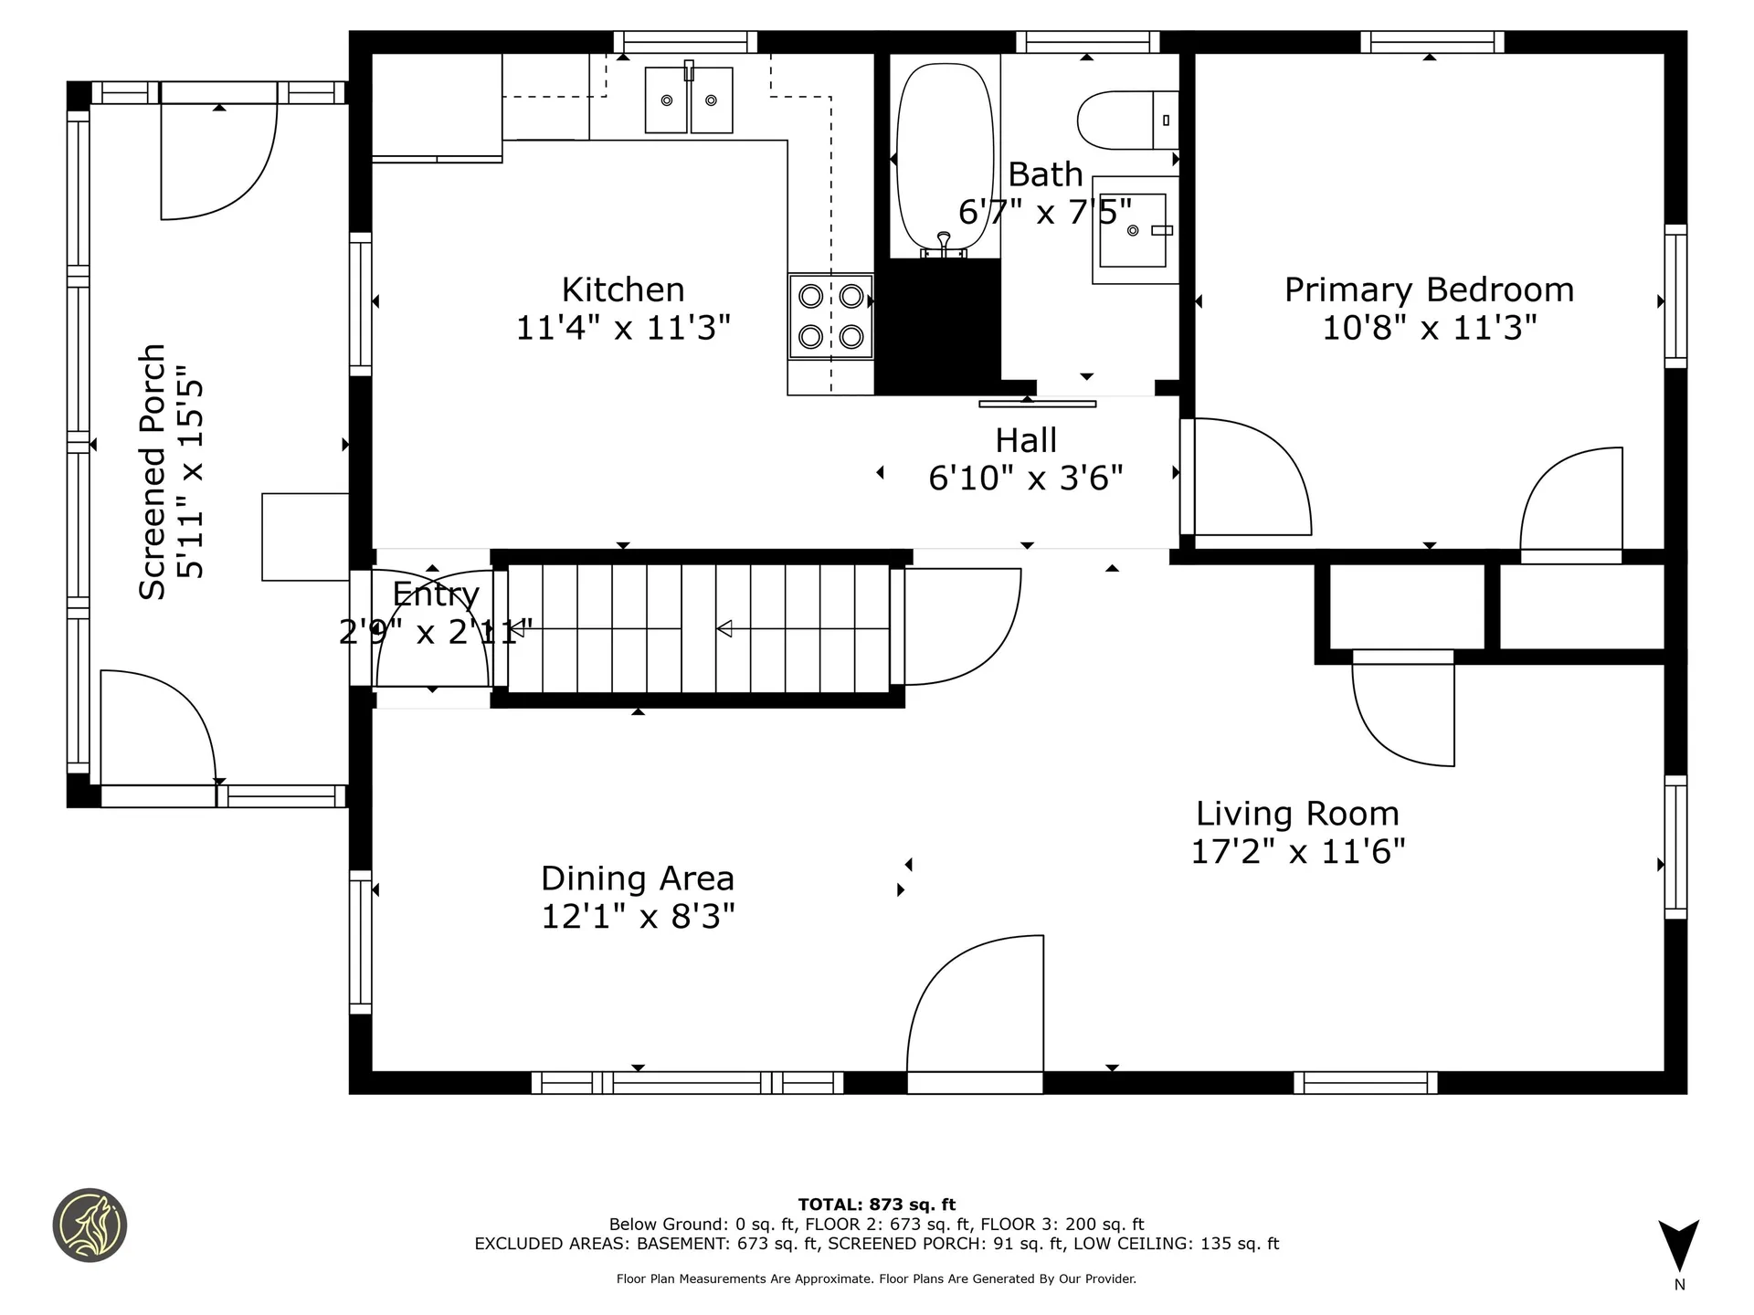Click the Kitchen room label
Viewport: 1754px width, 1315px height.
point(623,289)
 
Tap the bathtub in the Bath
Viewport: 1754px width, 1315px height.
point(945,157)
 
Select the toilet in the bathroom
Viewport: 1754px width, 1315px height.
point(1128,120)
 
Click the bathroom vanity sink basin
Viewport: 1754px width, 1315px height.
point(1134,230)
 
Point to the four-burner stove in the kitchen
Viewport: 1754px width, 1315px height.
point(830,316)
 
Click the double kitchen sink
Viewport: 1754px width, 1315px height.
point(689,100)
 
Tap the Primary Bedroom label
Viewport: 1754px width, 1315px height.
point(1429,289)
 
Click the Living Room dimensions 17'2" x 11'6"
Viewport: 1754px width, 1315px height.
point(1297,851)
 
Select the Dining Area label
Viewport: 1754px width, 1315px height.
point(638,878)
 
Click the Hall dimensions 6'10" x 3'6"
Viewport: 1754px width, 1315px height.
point(1026,478)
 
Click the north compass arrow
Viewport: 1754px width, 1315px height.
point(1679,1245)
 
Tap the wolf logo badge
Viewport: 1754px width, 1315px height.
point(90,1226)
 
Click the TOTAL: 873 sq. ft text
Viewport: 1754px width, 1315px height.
point(877,1205)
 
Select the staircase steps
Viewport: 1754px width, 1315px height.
point(698,628)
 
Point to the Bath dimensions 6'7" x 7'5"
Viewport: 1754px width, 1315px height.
point(1045,212)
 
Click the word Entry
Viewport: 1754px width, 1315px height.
point(436,594)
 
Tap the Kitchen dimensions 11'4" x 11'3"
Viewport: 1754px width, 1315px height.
point(623,327)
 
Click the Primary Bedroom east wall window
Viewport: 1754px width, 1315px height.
point(1675,297)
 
